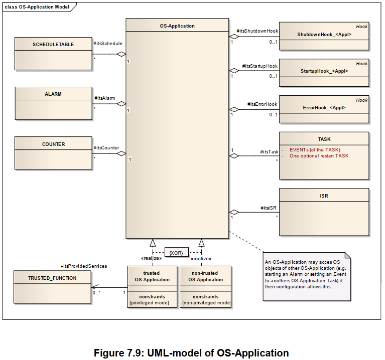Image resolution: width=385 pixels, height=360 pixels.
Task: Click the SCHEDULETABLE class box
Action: tap(53, 53)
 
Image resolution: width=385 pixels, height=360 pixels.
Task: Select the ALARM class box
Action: tap(53, 103)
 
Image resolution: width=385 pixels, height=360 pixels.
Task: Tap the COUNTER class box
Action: tap(53, 152)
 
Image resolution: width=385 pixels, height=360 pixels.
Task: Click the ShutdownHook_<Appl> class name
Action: tap(324, 35)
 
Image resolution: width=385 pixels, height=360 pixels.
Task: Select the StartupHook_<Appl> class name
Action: tap(324, 71)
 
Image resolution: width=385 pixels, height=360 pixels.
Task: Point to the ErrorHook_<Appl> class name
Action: tap(324, 108)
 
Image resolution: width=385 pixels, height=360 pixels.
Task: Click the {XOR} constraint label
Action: tap(176, 253)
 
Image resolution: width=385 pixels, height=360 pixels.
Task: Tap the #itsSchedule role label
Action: tap(108, 44)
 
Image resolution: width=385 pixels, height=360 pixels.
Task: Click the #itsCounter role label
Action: tap(106, 148)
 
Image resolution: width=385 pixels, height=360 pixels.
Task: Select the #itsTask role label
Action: tap(269, 151)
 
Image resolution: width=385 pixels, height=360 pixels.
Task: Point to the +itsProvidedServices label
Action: tap(83, 266)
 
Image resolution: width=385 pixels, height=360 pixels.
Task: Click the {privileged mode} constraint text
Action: tap(152, 303)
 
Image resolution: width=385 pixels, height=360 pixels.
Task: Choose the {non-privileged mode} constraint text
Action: tap(206, 303)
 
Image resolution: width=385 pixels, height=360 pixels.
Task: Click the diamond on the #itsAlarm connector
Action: tap(121, 104)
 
